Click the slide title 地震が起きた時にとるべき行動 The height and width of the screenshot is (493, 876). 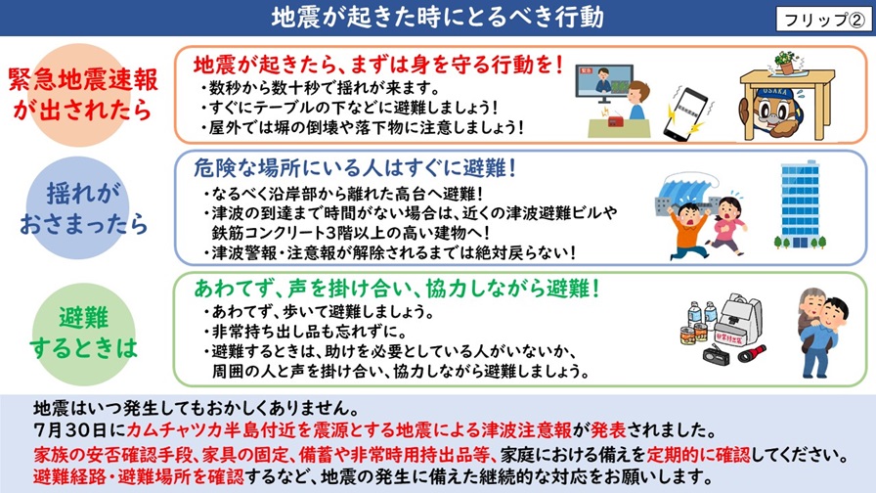click(x=437, y=18)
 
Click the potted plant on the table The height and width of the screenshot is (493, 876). click(x=785, y=62)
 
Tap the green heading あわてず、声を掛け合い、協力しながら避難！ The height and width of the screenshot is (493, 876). click(x=396, y=290)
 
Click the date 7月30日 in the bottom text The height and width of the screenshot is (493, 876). click(x=67, y=431)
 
